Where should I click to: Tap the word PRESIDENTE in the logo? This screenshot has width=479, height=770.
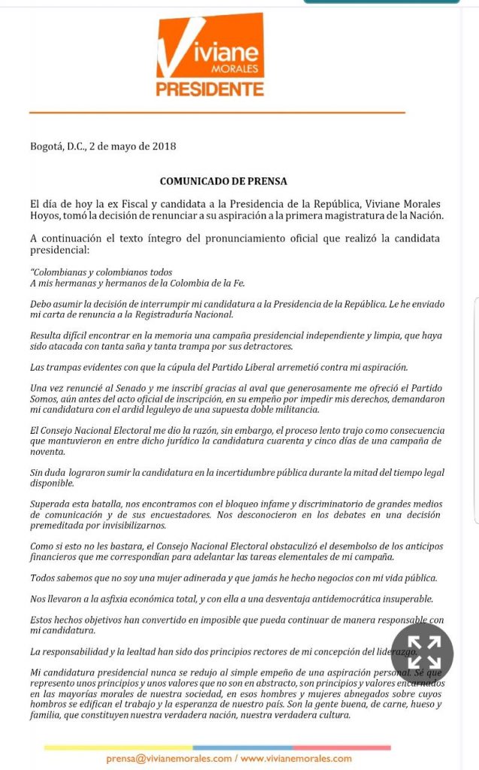[x=210, y=89]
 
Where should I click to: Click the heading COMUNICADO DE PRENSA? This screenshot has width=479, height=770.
[x=223, y=181]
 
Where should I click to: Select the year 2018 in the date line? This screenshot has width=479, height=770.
[x=164, y=147]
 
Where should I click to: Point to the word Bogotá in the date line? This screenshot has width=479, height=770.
[x=47, y=147]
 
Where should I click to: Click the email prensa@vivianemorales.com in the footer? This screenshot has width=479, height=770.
[x=168, y=759]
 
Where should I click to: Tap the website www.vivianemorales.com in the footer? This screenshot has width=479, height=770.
[x=296, y=759]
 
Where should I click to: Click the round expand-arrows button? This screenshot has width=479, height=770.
[x=422, y=653]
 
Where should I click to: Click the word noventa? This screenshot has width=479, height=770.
[x=47, y=451]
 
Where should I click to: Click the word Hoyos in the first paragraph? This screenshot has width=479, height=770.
[x=45, y=215]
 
